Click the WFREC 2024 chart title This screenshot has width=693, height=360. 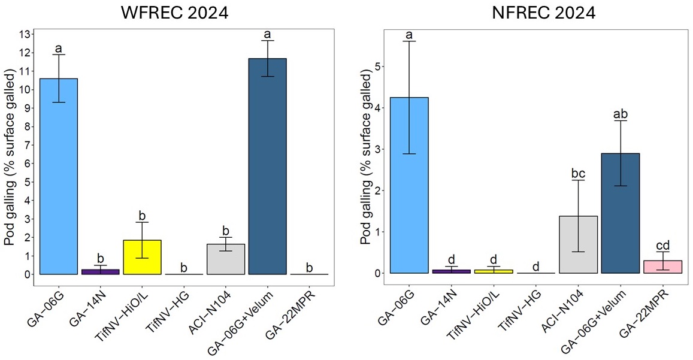(175, 13)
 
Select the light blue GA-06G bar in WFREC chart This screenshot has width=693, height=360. (59, 176)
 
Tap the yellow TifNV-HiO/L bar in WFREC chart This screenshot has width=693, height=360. (143, 257)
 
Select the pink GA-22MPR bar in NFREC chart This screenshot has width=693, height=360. (662, 267)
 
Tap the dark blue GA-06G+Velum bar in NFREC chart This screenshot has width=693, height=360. (621, 213)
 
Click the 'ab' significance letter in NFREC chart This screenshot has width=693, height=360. (621, 113)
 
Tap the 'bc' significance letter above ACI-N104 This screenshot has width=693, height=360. (579, 173)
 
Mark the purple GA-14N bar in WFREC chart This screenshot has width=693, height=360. (101, 271)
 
